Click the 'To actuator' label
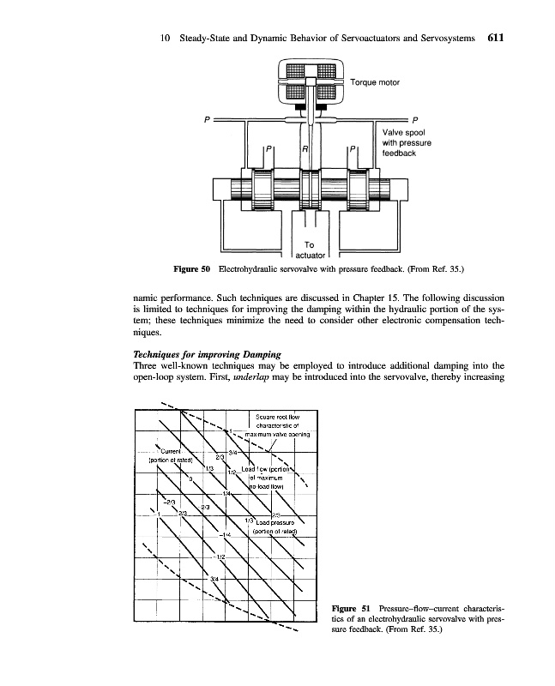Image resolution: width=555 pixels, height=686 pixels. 309,249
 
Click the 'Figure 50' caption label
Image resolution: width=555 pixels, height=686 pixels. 192,270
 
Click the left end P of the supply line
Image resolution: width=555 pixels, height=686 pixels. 206,118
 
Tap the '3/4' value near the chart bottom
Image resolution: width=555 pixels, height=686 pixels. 215,579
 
